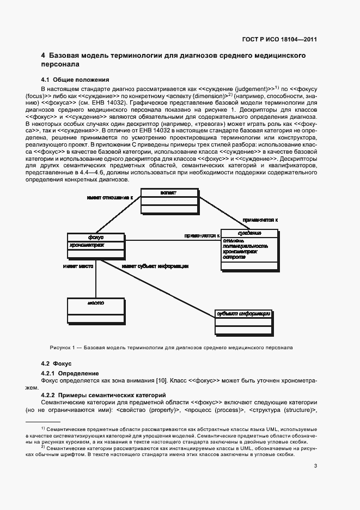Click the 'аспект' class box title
coord(168,193)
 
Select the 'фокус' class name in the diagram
coord(95,237)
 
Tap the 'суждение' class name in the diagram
coord(250,233)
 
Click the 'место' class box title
coord(95,302)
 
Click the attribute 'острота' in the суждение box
coord(234,257)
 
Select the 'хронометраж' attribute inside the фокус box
coord(87,245)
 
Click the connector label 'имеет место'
coord(78,266)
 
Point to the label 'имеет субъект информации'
coord(155,266)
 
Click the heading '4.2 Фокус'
coord(56,363)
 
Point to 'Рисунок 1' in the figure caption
coord(63,347)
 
